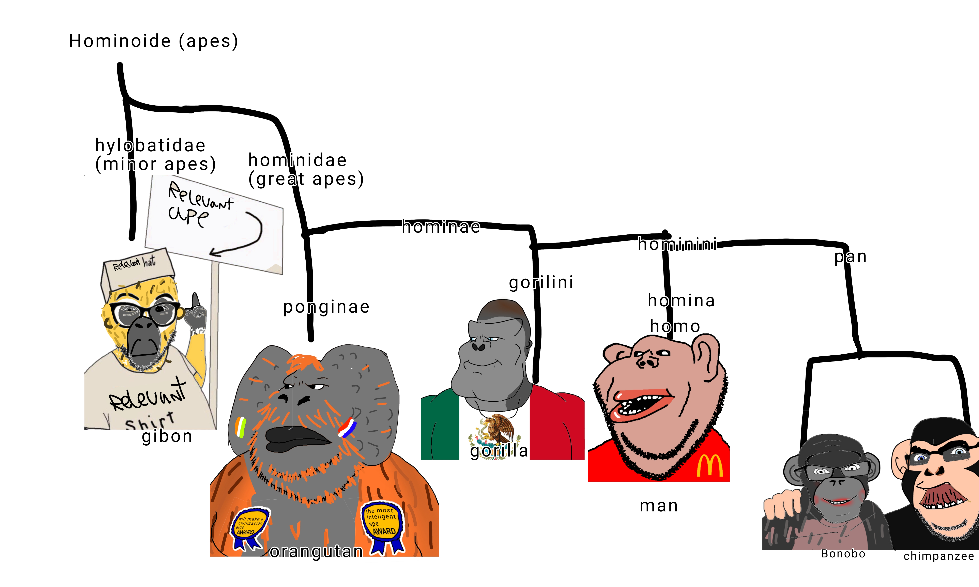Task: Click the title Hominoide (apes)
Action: [x=153, y=41]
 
